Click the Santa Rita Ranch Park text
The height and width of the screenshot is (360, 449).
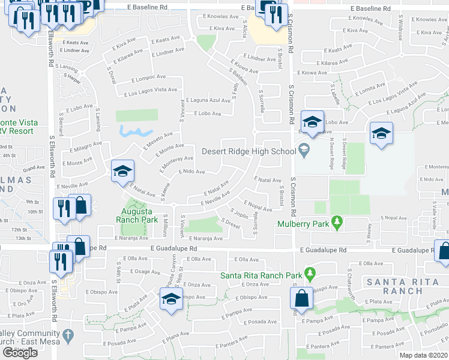tap(260, 275)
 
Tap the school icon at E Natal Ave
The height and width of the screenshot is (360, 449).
tap(122, 172)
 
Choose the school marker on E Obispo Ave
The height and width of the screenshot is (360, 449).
tap(170, 299)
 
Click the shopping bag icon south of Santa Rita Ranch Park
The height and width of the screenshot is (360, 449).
tap(301, 299)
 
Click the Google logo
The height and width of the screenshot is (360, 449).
tap(20, 353)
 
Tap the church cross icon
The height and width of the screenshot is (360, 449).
tap(68, 334)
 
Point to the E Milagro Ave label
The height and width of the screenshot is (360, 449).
tap(85, 148)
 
